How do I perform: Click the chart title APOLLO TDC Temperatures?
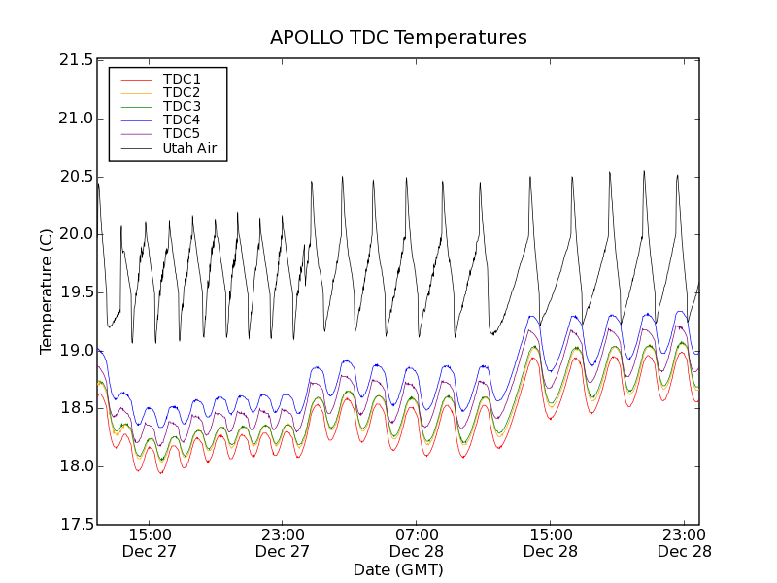[398, 38]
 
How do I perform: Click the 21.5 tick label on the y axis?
[75, 60]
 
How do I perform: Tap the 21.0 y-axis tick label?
[75, 119]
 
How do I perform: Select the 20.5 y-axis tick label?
[75, 177]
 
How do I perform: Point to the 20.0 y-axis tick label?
[75, 234]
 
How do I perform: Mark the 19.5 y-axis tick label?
[75, 292]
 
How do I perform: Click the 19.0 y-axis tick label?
[75, 351]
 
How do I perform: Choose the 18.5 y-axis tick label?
[75, 409]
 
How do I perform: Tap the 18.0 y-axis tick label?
[75, 466]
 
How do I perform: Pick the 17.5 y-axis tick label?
[75, 525]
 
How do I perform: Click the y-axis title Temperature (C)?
[47, 291]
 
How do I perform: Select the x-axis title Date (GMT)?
[398, 570]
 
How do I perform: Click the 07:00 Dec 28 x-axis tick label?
[417, 543]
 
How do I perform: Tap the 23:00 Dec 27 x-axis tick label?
[283, 543]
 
